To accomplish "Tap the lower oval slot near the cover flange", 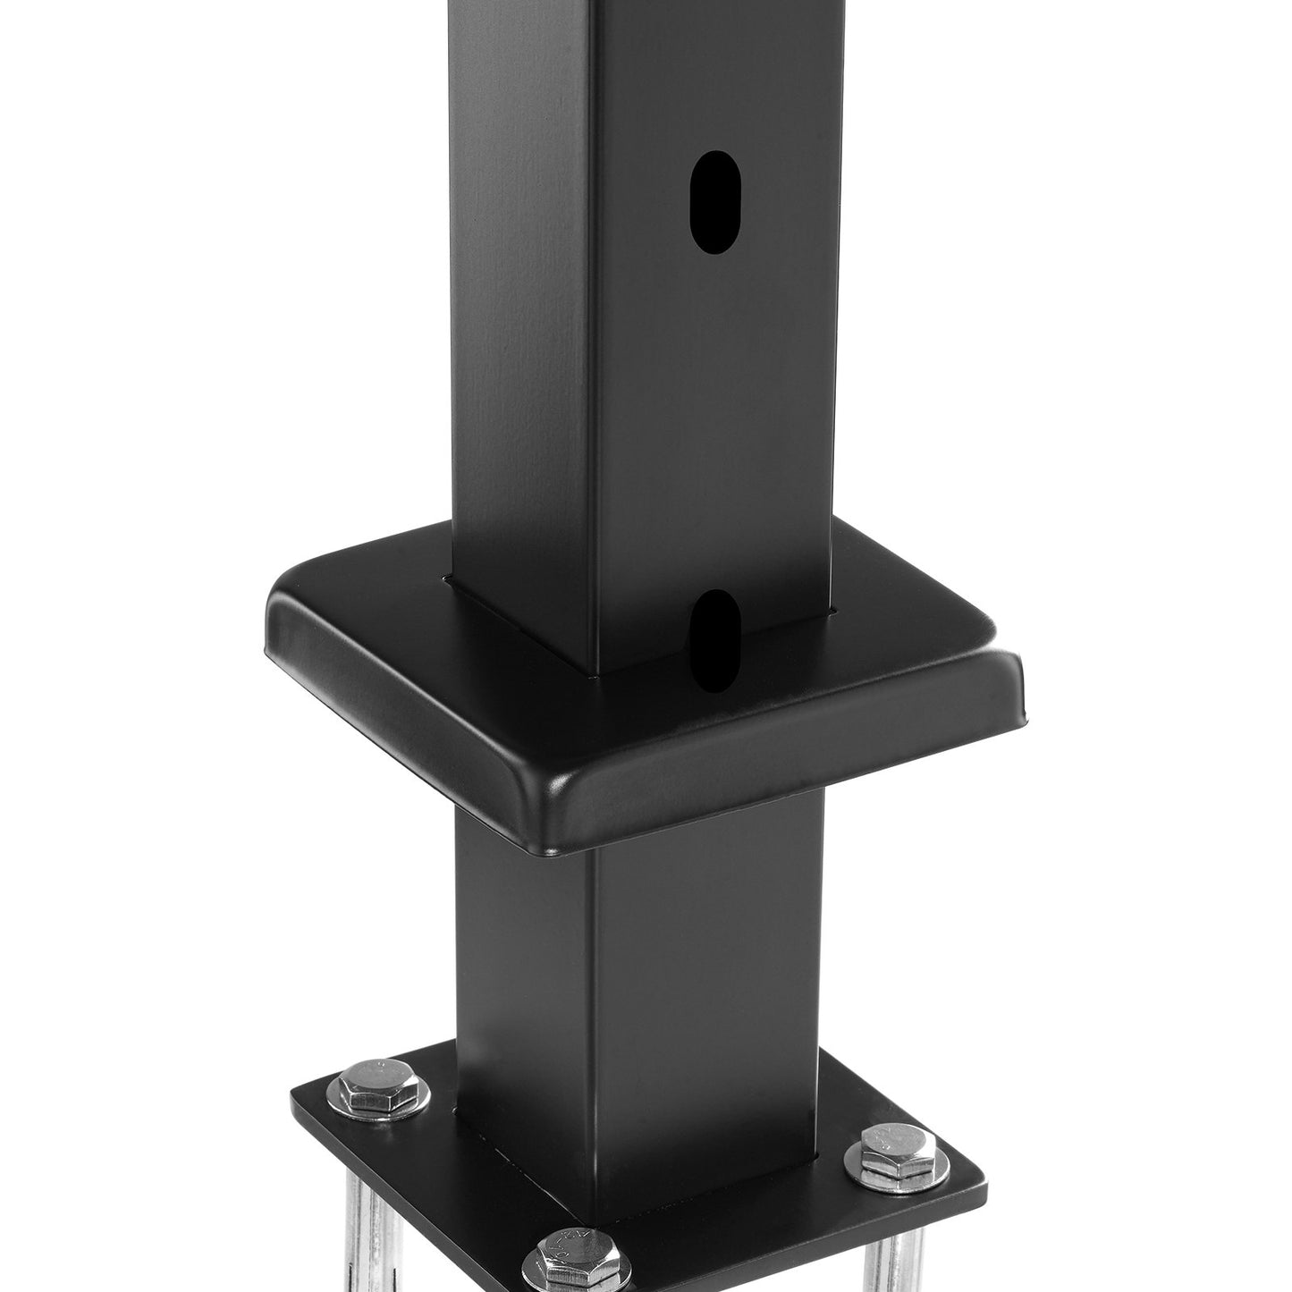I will [x=716, y=641].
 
